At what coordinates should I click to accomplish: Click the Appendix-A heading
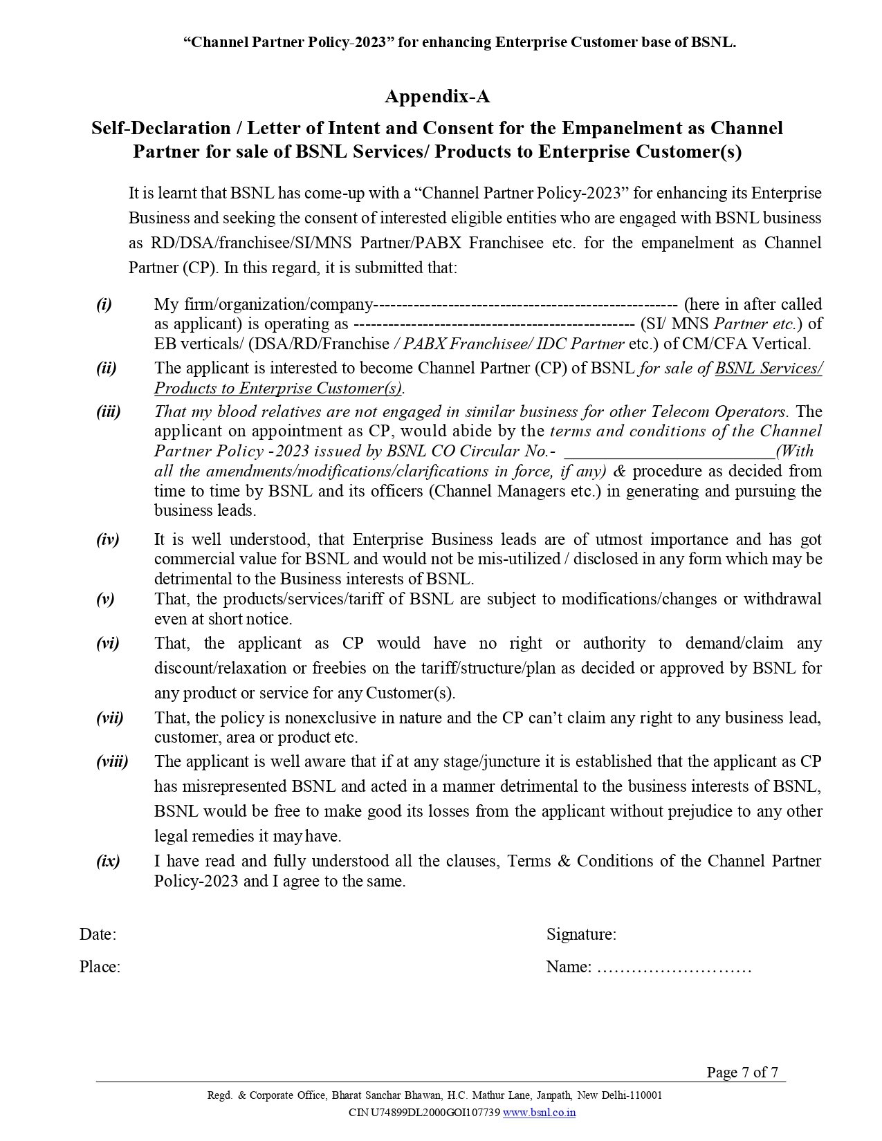coord(437,97)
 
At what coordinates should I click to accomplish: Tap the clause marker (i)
coord(104,304)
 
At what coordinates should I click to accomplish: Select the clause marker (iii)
coord(108,411)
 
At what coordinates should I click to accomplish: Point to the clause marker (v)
coord(105,599)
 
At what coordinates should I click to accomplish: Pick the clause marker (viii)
coord(112,761)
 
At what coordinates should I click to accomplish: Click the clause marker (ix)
coord(108,861)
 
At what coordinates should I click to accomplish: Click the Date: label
coord(98,934)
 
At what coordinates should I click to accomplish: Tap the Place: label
coord(100,967)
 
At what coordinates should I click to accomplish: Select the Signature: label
coord(581,934)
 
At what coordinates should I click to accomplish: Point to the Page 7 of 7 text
coord(742,1073)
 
